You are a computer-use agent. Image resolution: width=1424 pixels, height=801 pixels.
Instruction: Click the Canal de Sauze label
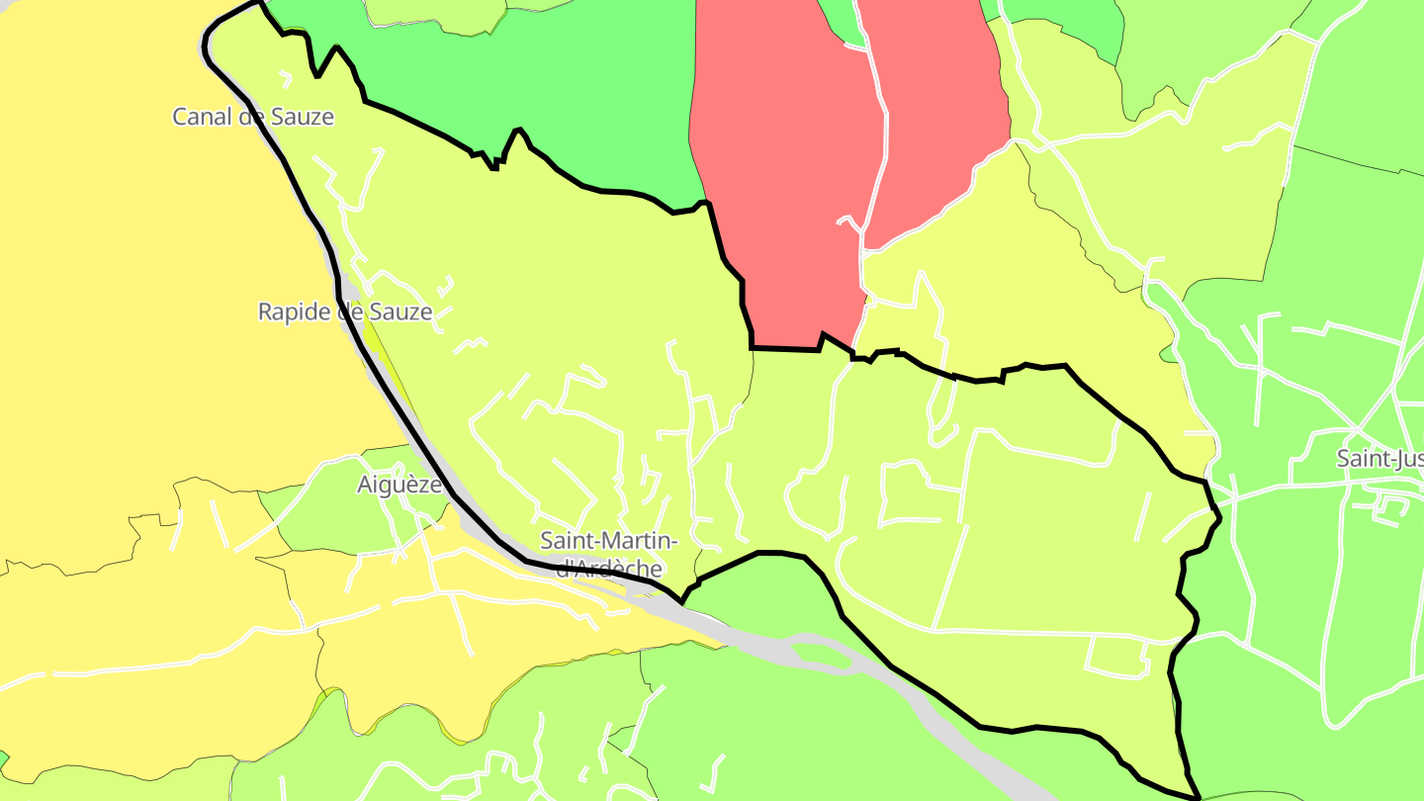(x=253, y=117)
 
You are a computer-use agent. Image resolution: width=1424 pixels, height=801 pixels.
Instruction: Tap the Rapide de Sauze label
(x=345, y=312)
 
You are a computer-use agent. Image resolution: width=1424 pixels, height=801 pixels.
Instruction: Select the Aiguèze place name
(x=399, y=485)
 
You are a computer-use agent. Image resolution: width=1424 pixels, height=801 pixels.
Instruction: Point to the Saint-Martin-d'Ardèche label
(x=609, y=555)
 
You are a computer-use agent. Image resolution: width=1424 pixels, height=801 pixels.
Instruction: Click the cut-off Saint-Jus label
(x=1379, y=459)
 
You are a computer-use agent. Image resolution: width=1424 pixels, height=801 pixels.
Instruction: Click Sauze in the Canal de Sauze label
(x=303, y=117)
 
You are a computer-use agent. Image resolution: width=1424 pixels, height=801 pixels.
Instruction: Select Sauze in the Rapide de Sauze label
(x=400, y=312)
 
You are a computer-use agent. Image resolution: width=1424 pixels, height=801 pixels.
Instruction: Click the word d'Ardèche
(x=609, y=570)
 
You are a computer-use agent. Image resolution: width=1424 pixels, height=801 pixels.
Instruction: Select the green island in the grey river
(x=821, y=654)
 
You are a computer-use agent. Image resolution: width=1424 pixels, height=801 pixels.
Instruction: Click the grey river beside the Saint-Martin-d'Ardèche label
(x=692, y=618)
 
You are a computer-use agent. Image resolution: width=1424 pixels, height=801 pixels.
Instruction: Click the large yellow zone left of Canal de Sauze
(x=99, y=297)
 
